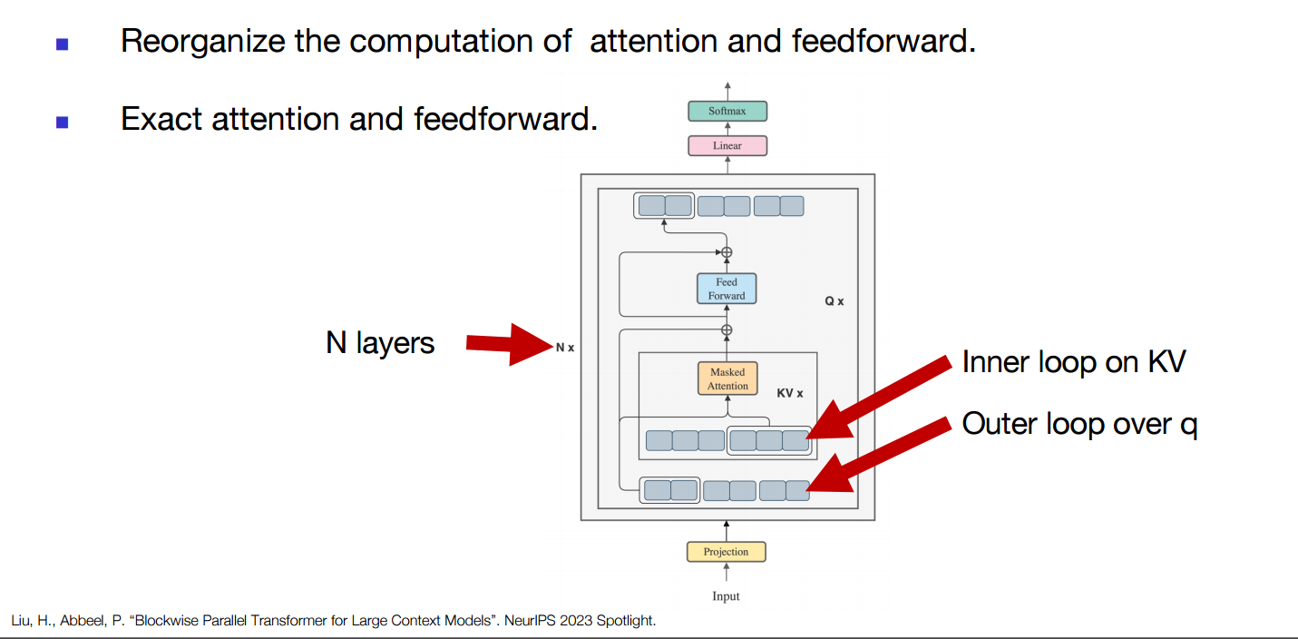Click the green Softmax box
727,111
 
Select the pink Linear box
727,145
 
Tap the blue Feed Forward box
727,289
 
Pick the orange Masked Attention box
727,378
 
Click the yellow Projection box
726,552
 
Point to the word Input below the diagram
726,596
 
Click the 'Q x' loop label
834,301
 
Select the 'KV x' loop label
790,393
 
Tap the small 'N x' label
565,348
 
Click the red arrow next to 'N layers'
510,344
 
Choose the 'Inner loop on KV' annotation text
1074,362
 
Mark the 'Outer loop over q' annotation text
1079,424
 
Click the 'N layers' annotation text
380,343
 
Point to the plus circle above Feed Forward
727,252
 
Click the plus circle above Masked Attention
727,329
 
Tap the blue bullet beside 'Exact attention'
63,122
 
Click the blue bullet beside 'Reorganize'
63,44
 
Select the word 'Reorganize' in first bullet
203,42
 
